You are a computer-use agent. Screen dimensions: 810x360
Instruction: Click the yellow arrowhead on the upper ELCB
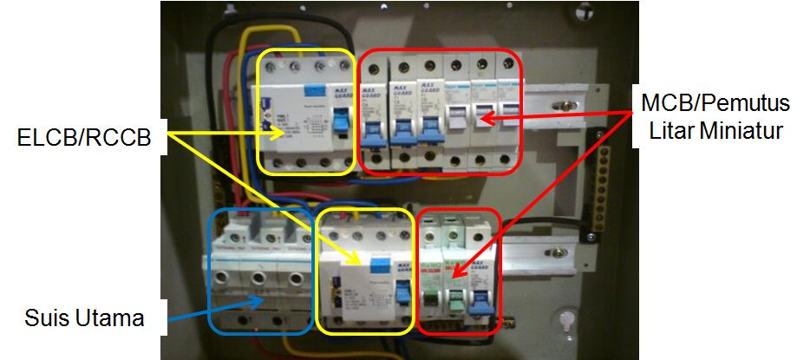click(279, 132)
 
